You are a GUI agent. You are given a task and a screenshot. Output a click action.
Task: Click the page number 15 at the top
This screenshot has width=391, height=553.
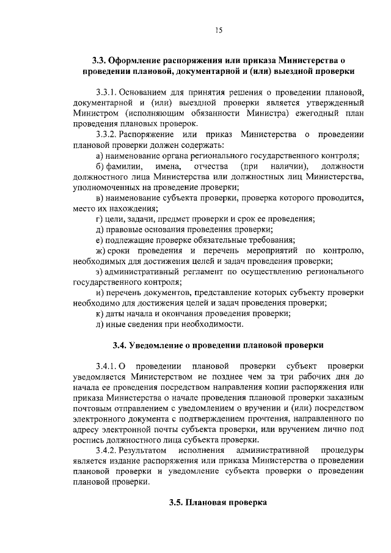pos(218,31)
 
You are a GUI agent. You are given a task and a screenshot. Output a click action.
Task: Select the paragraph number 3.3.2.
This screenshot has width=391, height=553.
pos(108,134)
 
